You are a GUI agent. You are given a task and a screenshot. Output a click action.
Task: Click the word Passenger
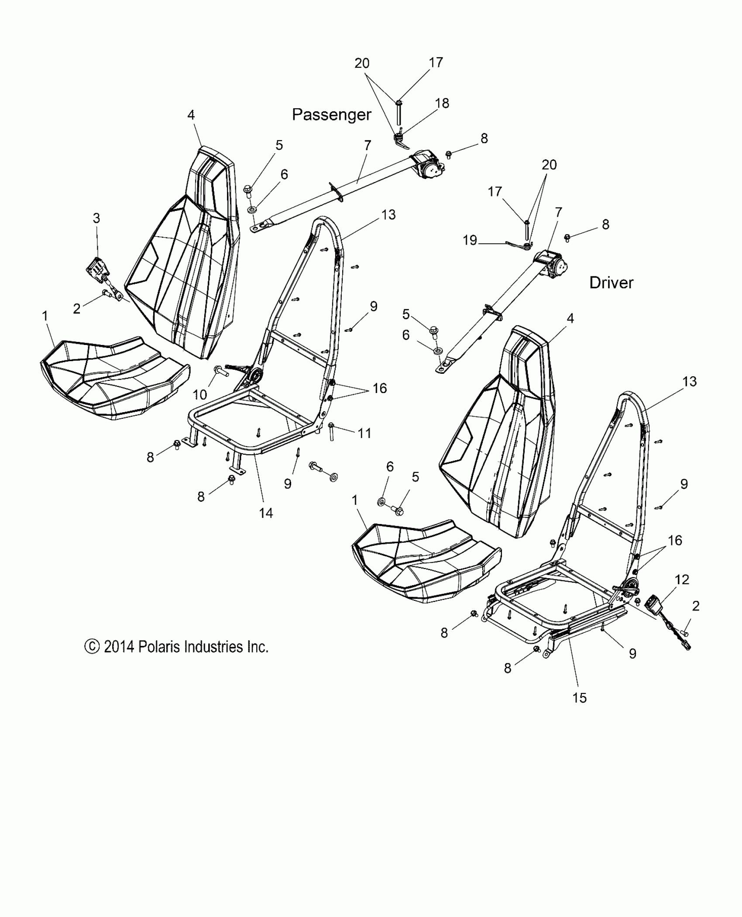331,115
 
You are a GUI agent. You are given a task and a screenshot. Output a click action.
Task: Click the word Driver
611,283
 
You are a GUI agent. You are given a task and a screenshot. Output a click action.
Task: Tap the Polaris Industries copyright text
176,647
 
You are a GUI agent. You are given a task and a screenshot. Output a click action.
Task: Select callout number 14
266,513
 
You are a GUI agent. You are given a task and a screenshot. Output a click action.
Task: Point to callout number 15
579,698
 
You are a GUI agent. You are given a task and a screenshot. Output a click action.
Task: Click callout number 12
682,579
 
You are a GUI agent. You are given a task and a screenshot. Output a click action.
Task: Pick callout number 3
96,218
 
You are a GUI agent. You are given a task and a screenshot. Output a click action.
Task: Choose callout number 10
200,395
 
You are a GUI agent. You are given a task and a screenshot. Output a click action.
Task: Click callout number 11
364,433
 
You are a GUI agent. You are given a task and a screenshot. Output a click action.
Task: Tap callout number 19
470,240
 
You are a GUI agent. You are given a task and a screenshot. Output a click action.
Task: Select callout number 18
442,103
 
